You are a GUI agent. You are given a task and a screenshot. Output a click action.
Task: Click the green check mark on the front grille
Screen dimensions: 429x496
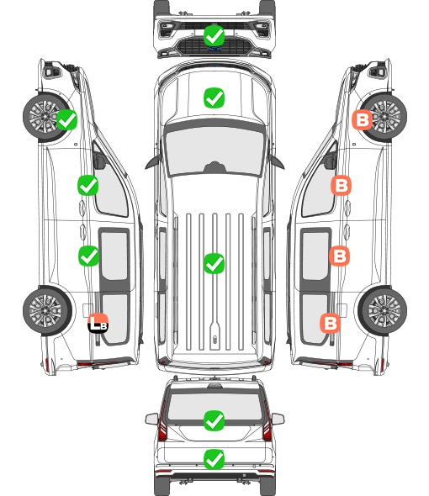tap(214, 35)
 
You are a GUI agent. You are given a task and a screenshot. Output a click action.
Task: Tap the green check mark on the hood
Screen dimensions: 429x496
tap(214, 98)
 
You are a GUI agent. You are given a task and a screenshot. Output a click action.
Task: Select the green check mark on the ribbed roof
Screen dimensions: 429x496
tap(214, 263)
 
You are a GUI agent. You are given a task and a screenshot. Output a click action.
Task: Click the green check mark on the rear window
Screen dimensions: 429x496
tap(214, 420)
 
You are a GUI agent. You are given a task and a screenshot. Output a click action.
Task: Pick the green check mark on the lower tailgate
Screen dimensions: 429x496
tap(214, 459)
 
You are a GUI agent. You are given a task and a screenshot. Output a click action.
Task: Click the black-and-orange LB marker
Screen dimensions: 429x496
tap(98, 323)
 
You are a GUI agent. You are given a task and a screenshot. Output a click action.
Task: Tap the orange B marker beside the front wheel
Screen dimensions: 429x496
tap(363, 119)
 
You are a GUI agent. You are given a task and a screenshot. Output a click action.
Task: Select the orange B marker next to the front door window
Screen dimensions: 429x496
tap(341, 185)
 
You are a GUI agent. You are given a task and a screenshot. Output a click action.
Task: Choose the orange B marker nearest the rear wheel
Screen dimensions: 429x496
tap(331, 323)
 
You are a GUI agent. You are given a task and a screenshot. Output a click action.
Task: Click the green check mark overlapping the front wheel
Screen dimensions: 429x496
tap(66, 119)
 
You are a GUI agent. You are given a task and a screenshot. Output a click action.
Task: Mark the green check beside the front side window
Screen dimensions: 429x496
tap(88, 185)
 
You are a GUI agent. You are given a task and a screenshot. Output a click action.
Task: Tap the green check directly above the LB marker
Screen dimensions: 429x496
tap(88, 256)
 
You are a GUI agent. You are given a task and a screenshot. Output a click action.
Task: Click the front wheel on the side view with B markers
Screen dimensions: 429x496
tap(384, 116)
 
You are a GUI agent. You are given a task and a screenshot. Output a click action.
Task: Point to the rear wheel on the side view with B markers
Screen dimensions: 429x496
tap(383, 310)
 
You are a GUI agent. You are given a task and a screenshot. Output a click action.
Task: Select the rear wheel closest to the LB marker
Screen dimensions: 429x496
tap(47, 310)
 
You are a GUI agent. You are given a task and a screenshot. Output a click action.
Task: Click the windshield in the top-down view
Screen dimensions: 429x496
tap(214, 151)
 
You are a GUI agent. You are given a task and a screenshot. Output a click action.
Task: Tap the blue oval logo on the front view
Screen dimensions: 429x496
tap(214, 49)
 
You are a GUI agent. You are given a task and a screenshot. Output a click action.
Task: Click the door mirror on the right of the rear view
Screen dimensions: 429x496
tap(278, 419)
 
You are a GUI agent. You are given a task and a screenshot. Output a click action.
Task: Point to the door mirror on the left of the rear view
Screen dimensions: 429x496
tap(151, 419)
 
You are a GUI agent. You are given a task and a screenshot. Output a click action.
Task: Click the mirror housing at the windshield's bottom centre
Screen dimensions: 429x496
tap(214, 167)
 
